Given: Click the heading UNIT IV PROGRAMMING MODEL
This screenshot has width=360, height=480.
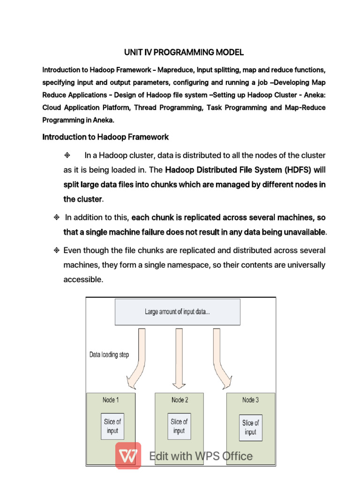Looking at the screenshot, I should [183, 52].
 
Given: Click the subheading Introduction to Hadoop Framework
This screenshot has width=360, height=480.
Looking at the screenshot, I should [105, 137].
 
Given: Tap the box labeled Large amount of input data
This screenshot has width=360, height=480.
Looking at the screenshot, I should [178, 312].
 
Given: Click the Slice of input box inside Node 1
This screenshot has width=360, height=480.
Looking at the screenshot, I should [112, 426].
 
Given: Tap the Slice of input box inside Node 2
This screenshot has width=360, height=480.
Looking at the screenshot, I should [179, 426].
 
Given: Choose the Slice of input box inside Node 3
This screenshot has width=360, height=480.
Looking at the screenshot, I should [250, 427].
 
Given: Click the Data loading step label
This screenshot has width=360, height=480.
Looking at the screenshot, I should [109, 355].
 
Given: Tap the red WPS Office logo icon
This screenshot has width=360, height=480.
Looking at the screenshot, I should [128, 456].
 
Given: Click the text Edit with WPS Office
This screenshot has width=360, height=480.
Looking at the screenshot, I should [201, 456].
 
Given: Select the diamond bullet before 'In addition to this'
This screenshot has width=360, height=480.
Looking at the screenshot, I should [56, 217].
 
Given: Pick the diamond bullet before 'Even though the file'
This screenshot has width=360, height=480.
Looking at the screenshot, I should [56, 250].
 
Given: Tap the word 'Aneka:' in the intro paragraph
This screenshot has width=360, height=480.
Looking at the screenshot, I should [313, 95].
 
